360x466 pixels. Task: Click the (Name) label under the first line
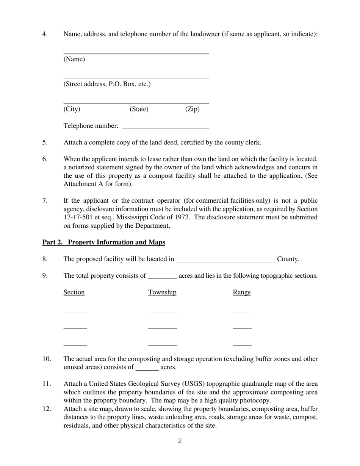point(74,59)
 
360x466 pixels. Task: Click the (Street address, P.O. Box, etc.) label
point(107,84)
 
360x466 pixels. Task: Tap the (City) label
point(72,109)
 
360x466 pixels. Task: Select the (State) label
point(139,109)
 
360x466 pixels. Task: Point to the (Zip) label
point(192,109)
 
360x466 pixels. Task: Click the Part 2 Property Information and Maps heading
point(103,242)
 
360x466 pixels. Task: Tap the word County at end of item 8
point(288,259)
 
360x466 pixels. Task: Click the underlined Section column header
point(74,292)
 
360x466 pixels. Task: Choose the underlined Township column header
point(162,292)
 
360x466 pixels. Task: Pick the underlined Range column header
point(242,292)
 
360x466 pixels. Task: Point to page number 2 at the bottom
point(180,441)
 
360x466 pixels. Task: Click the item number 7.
point(45,201)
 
